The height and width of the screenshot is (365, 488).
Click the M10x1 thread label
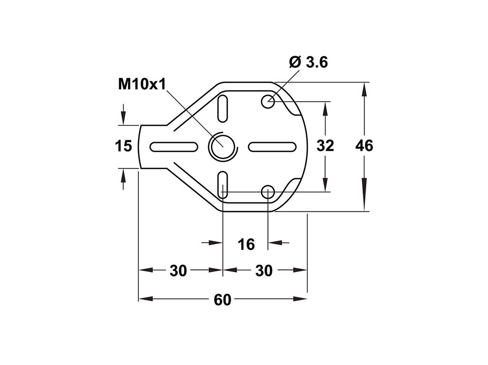click(x=142, y=84)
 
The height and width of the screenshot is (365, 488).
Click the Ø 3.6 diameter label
click(x=308, y=62)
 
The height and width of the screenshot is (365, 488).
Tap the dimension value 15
click(x=123, y=146)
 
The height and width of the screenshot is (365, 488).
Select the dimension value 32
click(x=325, y=146)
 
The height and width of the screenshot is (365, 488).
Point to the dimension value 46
click(x=364, y=146)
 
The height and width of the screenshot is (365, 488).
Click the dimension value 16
click(x=246, y=244)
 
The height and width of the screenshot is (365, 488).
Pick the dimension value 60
click(x=223, y=300)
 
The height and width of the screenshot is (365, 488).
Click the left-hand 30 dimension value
click(x=178, y=271)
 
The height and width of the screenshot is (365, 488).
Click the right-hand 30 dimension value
click(x=264, y=271)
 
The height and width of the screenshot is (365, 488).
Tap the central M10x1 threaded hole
click(x=223, y=146)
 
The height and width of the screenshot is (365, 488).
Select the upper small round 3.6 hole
click(x=268, y=102)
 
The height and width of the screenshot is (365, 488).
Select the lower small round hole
click(x=268, y=192)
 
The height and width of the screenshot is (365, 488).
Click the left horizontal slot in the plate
click(x=174, y=147)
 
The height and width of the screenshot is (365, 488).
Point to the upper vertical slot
click(x=223, y=108)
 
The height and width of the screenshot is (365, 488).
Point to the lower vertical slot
click(x=223, y=185)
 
